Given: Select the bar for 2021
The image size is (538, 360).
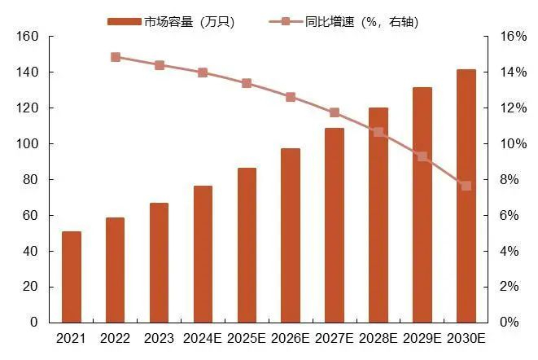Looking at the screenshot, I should click(72, 277).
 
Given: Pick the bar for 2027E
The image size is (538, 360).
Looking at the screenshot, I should click(335, 225).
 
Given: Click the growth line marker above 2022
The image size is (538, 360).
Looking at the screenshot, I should click(116, 57).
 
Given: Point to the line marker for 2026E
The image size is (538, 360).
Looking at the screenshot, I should click(291, 97).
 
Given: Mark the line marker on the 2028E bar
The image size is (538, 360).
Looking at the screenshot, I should click(378, 132).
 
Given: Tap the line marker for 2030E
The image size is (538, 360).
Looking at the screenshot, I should click(466, 186).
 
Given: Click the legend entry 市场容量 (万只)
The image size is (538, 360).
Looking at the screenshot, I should click(171, 21).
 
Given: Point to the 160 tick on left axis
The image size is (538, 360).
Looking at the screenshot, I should click(28, 37).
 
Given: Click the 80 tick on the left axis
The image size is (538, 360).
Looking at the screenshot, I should click(31, 179).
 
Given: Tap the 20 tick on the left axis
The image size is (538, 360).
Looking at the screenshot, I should click(31, 287).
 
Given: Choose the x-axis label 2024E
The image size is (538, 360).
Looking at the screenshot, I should click(203, 339).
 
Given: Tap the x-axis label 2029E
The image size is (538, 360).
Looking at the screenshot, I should click(422, 339).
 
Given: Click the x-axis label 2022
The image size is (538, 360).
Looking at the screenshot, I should click(116, 339).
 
